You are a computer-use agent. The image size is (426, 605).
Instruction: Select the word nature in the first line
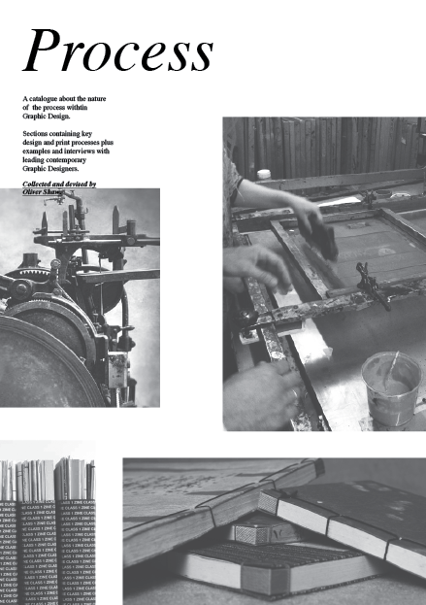pos(92,100)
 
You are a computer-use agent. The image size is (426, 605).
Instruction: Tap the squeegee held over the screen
pos(325,237)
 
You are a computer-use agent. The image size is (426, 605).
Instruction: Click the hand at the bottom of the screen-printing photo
pos(262,394)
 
